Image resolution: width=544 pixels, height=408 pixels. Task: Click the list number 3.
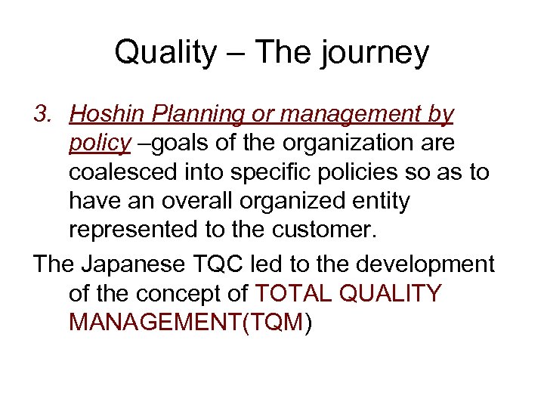(42, 115)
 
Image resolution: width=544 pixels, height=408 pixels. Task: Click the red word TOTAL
(295, 293)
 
